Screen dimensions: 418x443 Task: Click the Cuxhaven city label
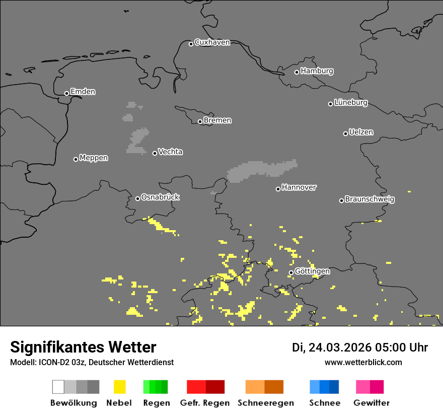coord(212,42)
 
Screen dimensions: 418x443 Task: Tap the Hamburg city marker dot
coord(297,72)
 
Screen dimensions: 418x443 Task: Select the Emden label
coord(83,92)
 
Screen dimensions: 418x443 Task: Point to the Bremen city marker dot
coord(200,121)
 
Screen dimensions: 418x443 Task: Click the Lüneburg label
coord(351,103)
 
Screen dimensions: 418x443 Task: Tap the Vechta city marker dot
coord(155,153)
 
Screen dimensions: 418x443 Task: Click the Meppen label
coord(94,158)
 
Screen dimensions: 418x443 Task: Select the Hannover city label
coord(299,187)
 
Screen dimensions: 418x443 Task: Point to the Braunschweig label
coord(370,199)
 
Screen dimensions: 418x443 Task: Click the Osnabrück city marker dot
coord(137,198)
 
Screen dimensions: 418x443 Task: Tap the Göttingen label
coord(312,271)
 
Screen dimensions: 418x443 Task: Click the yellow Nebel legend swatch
coord(119,387)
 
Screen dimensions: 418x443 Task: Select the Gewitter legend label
coord(372,403)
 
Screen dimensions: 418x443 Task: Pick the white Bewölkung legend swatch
coord(58,387)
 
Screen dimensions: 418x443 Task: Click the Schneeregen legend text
coord(266,403)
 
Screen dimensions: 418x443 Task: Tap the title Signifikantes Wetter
coord(83,347)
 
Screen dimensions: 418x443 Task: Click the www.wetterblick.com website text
coord(363,362)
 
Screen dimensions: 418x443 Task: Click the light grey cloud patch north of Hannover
coord(262,170)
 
